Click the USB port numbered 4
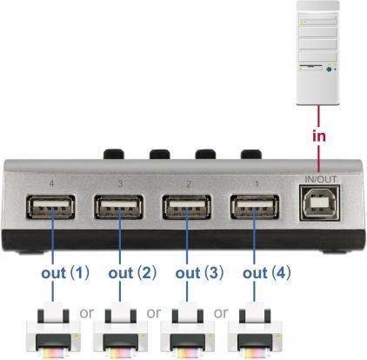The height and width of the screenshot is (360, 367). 50,209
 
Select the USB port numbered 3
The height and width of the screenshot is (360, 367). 118,209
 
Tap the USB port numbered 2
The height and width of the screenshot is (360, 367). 187,209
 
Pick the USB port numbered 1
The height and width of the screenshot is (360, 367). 255,209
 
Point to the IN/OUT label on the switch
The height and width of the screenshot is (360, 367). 320,181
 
